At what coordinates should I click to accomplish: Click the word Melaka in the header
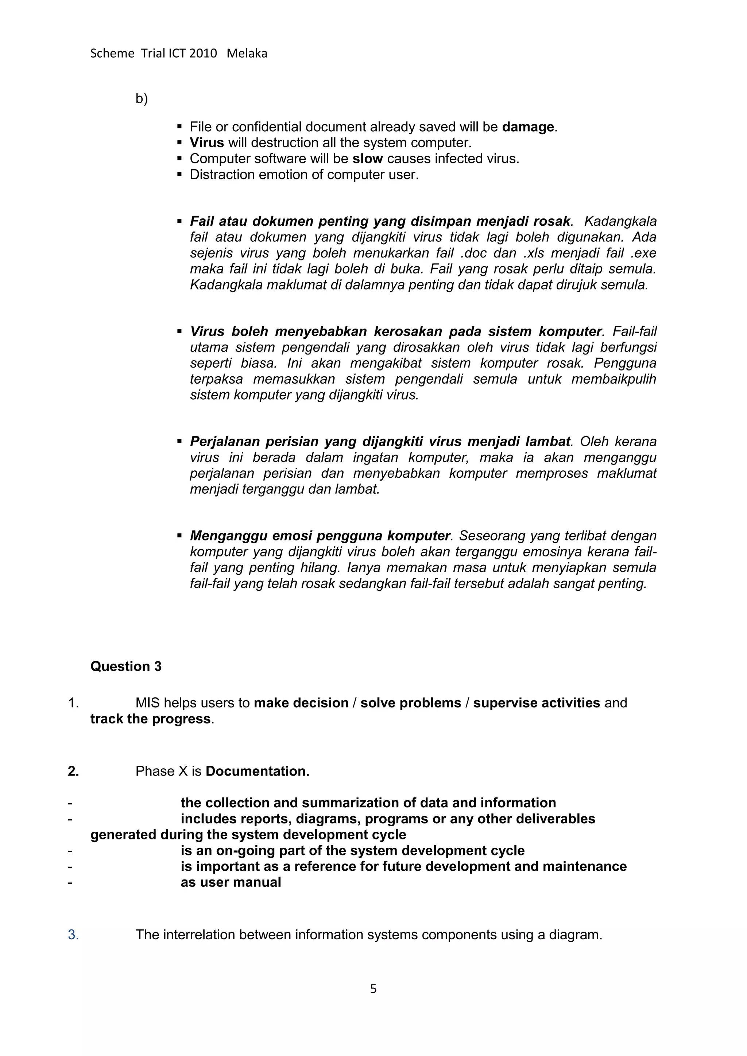[247, 54]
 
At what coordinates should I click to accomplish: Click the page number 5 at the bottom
[373, 989]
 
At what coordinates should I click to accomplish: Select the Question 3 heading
[126, 667]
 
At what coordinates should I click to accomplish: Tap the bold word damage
[528, 127]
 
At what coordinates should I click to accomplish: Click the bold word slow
[368, 159]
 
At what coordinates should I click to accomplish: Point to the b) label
[142, 98]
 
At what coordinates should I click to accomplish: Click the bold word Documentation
[257, 771]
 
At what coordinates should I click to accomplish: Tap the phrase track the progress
[150, 719]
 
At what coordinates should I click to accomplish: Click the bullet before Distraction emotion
[180, 174]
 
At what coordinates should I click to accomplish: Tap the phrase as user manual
[231, 882]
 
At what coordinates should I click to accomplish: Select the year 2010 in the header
[203, 54]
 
